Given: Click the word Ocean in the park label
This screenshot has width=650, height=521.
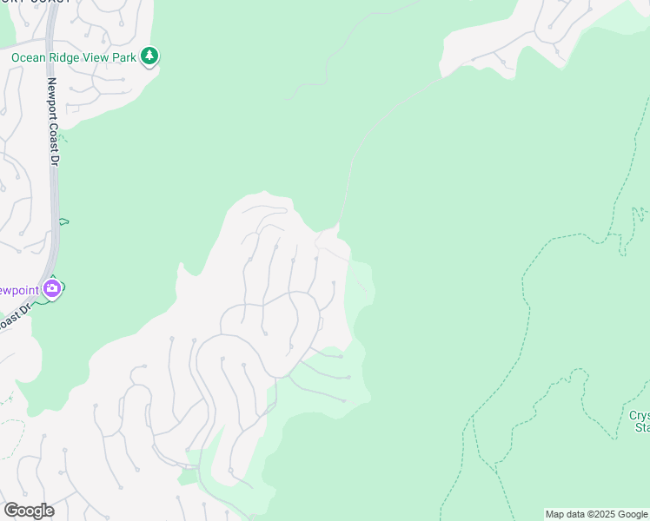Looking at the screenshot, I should (x=28, y=58).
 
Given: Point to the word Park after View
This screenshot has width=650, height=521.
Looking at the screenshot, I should (x=126, y=58).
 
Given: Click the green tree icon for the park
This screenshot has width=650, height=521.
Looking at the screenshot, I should (x=150, y=56).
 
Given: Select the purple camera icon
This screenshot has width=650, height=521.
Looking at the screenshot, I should (x=52, y=287).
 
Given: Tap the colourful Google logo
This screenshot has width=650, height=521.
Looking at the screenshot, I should (x=29, y=511).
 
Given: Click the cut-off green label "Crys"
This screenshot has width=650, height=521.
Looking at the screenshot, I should (x=639, y=415).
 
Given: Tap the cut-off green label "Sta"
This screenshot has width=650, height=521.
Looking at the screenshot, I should (x=641, y=427).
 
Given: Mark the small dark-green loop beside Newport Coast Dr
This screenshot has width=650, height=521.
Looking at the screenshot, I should (x=63, y=221).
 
